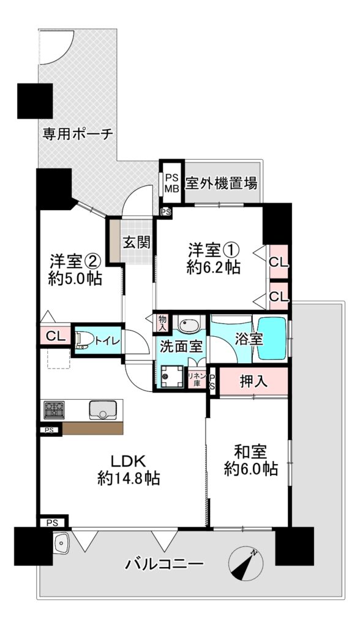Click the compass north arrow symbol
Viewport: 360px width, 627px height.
pyautogui.click(x=246, y=564)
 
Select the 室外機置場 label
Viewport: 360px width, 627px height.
pyautogui.click(x=221, y=184)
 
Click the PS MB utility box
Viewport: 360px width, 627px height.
pyautogui.click(x=173, y=183)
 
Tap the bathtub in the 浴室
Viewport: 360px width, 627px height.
pyautogui.click(x=272, y=338)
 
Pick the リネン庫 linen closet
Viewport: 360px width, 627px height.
pyautogui.click(x=197, y=378)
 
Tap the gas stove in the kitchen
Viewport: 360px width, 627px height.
pyautogui.click(x=54, y=410)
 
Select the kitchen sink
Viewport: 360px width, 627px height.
pyautogui.click(x=102, y=410)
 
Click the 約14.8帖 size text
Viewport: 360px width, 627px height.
pyautogui.click(x=129, y=478)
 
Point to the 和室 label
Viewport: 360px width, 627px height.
pyautogui.click(x=250, y=452)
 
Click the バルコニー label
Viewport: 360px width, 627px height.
pyautogui.click(x=165, y=564)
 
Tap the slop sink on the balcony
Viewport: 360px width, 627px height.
pyautogui.click(x=61, y=544)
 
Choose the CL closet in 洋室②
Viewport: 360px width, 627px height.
pyautogui.click(x=55, y=336)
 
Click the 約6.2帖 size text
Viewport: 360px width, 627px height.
pyautogui.click(x=214, y=267)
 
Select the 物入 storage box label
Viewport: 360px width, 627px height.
pyautogui.click(x=162, y=322)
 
